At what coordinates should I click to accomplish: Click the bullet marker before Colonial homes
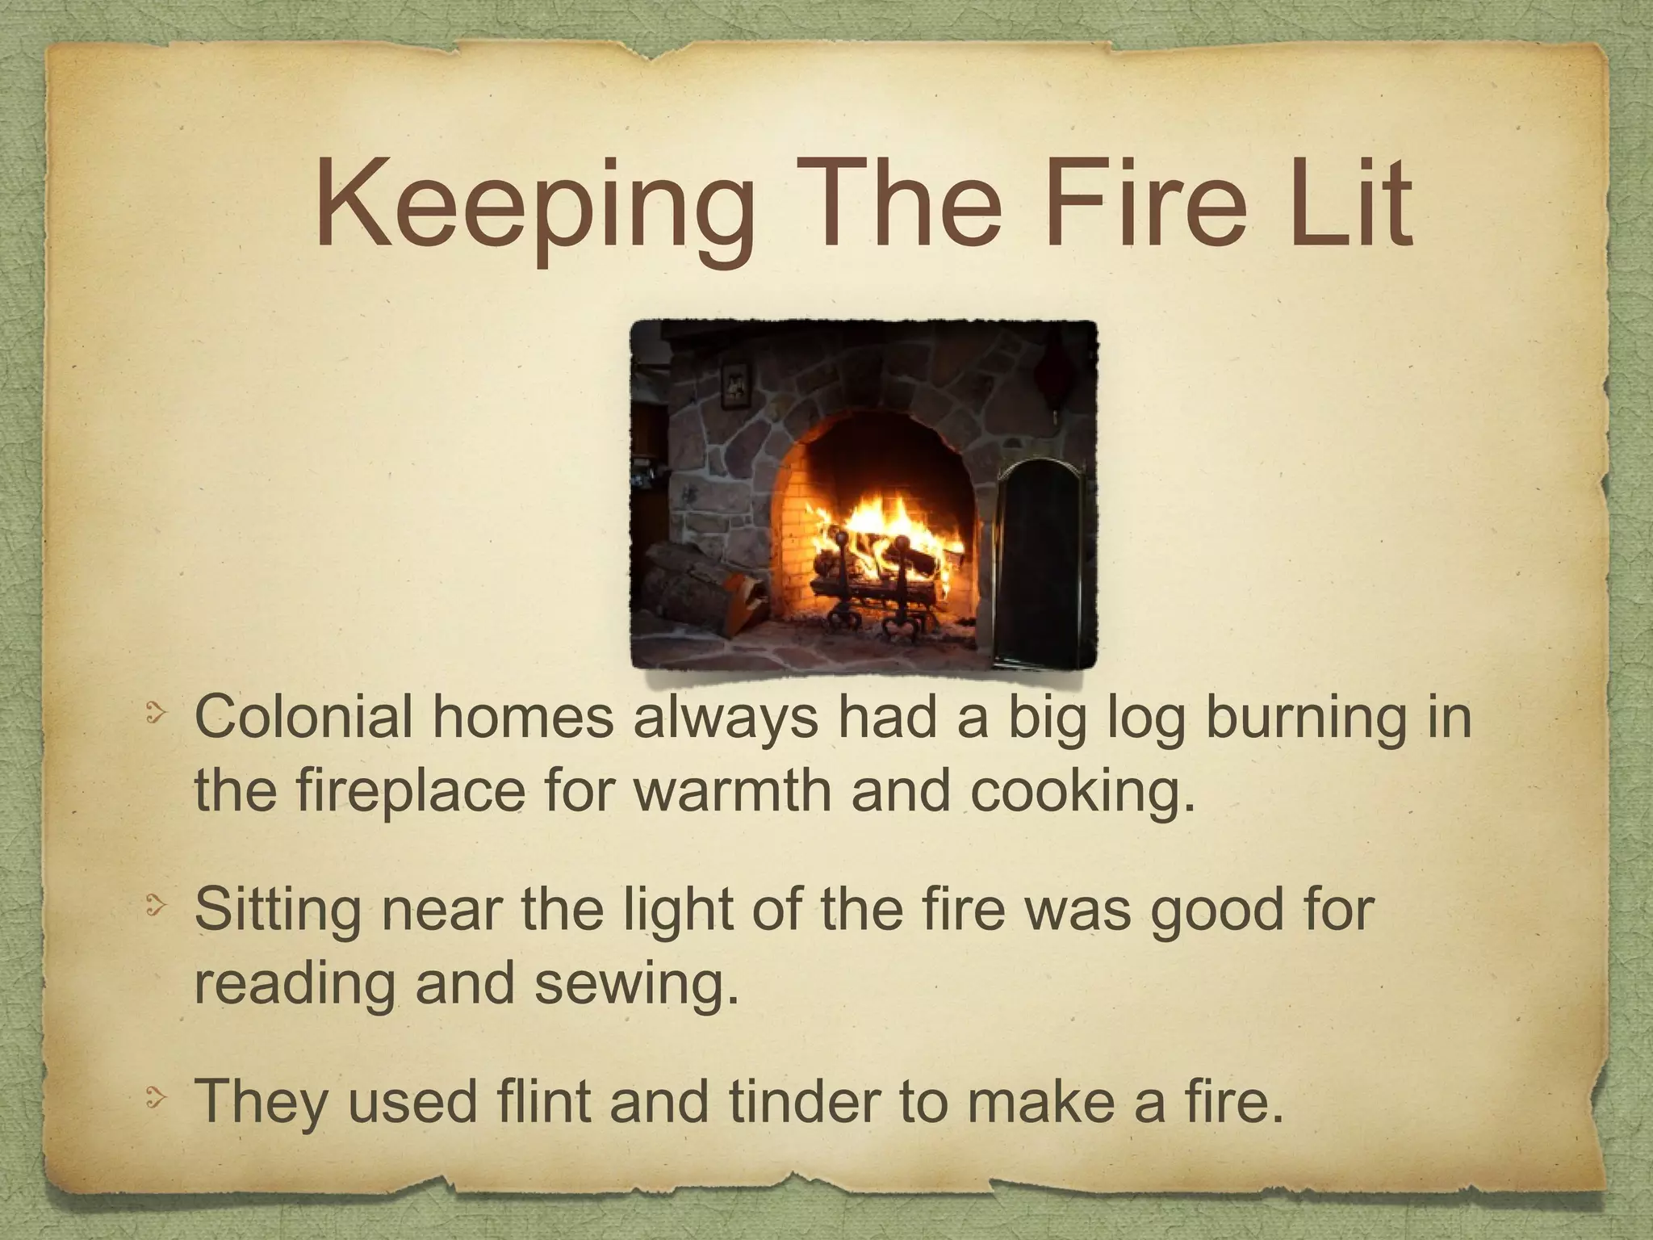(156, 714)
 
